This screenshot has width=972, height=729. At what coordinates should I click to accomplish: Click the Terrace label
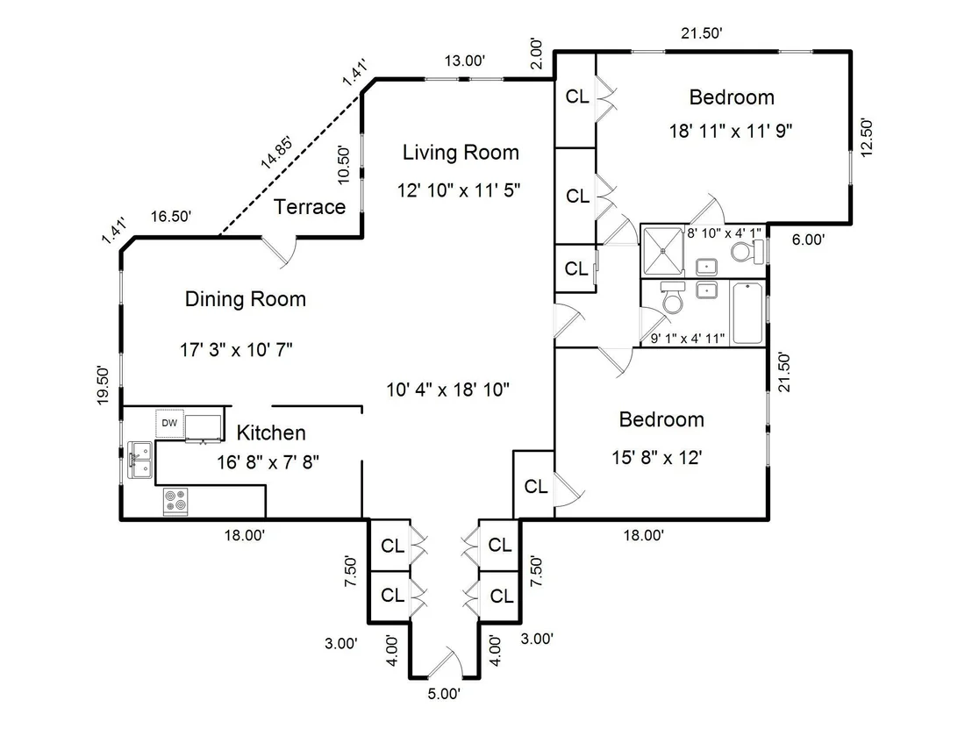[x=310, y=206]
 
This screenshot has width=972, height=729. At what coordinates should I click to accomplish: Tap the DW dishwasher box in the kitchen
[x=169, y=424]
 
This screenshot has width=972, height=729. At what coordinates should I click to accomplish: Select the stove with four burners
[x=175, y=501]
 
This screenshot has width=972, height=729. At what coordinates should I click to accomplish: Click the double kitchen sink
[x=140, y=460]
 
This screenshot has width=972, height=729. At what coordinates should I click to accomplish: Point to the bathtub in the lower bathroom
[x=747, y=313]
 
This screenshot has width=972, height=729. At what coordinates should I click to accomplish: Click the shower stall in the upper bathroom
[x=663, y=251]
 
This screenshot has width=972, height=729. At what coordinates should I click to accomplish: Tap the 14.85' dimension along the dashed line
[x=276, y=153]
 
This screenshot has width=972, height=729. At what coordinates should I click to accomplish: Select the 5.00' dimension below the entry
[x=444, y=694]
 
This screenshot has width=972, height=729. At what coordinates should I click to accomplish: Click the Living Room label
[x=461, y=153]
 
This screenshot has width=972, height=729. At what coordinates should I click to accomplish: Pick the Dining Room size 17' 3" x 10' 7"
[x=236, y=350]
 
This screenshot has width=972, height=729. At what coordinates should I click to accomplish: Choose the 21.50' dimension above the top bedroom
[x=702, y=33]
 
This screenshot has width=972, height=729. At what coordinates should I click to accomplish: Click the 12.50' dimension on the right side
[x=867, y=137]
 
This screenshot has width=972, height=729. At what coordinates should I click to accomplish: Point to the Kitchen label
[x=271, y=432]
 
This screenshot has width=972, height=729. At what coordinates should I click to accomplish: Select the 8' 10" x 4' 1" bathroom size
[x=724, y=233]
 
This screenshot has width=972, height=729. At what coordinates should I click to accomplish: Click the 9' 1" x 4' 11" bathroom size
[x=688, y=339]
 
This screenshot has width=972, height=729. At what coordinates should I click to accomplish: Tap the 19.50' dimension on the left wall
[x=103, y=386]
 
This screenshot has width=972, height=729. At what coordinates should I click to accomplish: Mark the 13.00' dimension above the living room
[x=464, y=61]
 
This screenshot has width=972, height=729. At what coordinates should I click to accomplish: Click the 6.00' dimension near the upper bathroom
[x=808, y=239]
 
